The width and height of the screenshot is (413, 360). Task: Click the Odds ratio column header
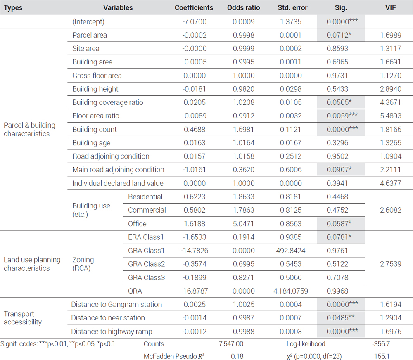pos(243,7)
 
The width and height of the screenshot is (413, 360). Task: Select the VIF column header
pos(390,7)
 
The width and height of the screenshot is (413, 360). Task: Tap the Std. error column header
pos(292,7)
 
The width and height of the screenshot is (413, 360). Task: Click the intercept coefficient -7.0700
pos(195,21)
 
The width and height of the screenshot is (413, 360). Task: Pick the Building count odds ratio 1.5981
pos(244,129)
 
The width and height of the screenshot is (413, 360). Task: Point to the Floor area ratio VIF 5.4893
pos(391,116)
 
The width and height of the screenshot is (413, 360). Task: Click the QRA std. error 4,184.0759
pos(290,291)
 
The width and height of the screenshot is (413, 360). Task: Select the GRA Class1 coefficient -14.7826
pos(195,251)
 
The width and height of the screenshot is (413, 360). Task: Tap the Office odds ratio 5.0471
pos(243,224)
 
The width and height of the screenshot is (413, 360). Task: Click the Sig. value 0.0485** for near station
pos(341,318)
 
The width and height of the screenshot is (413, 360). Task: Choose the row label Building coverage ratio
pos(108,102)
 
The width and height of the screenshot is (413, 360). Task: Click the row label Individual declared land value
pos(118,183)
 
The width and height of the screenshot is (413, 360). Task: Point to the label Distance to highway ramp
pos(112,331)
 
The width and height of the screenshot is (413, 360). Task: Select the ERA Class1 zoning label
pos(146,237)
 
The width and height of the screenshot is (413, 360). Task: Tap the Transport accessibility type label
pos(23,318)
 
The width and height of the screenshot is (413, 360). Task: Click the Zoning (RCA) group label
pos(83,264)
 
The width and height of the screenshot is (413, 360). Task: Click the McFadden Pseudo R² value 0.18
pos(237,356)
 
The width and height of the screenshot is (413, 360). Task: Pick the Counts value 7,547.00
pos(231,343)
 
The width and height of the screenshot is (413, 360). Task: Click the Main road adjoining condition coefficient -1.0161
pos(195,170)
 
